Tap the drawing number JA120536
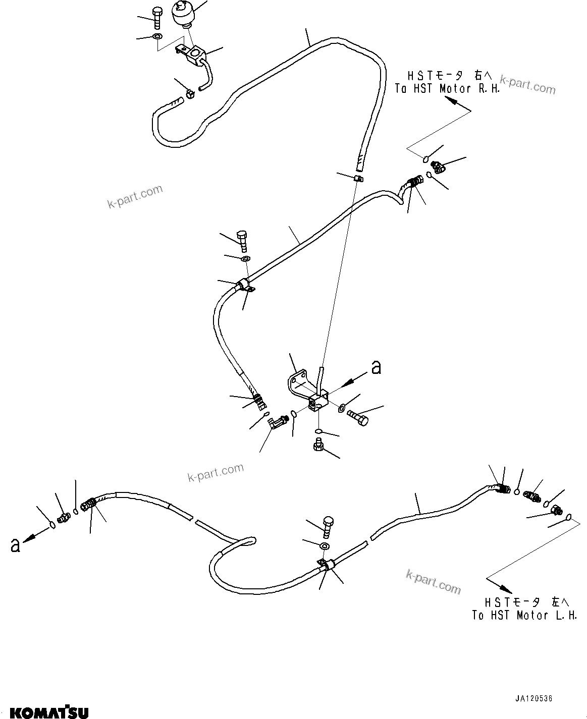tap(534, 689)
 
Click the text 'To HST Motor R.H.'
tap(448, 89)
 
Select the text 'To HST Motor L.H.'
tap(524, 616)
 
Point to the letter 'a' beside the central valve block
tap(376, 367)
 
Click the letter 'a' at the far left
tap(15, 545)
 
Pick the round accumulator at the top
tap(186, 14)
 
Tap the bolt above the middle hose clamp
tap(242, 241)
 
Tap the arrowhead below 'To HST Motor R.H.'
tap(450, 100)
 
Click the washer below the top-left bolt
tap(158, 36)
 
